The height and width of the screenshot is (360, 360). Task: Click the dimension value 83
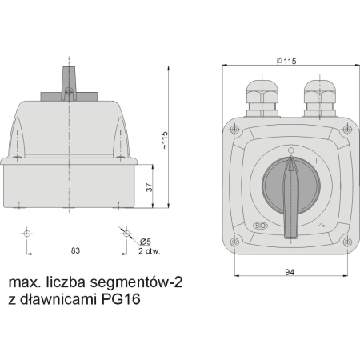(74, 250)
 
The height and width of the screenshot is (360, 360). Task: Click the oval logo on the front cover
(260, 226)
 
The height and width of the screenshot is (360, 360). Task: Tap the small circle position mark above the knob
(290, 150)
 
